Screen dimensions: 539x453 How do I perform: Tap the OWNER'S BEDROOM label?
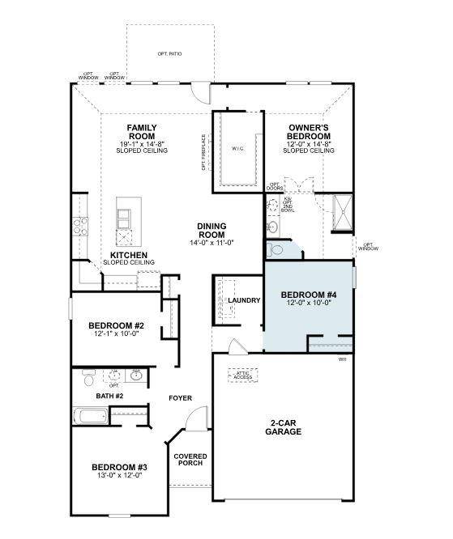[x=308, y=133]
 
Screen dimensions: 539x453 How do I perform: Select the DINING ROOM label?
[x=211, y=231]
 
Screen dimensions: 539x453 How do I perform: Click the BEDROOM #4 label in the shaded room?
[x=308, y=295]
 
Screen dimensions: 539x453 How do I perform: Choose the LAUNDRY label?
[x=244, y=300]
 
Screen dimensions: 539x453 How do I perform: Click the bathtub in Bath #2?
[x=90, y=417]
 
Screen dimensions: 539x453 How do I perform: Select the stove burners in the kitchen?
[x=80, y=226]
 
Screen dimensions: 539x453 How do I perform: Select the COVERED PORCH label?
[x=190, y=460]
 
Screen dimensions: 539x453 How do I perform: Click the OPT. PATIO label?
[x=170, y=53]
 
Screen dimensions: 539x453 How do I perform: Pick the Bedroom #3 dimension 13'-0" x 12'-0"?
[x=119, y=476]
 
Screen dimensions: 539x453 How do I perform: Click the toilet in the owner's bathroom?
[x=273, y=227]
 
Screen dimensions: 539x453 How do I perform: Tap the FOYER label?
[x=180, y=398]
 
